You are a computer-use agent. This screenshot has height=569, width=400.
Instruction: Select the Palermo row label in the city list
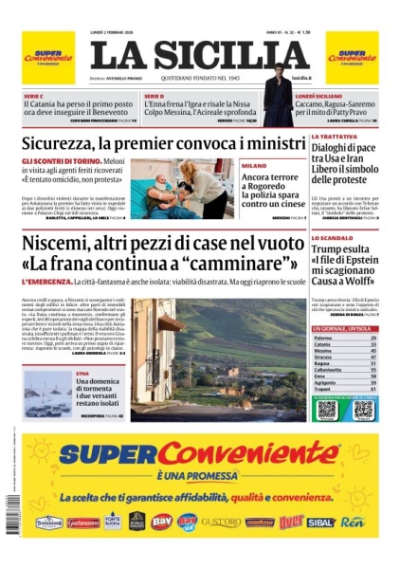[323, 338]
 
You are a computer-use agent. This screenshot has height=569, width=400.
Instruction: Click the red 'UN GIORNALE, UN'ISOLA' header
[344, 328]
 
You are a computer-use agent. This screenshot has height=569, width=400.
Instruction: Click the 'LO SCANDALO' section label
[332, 238]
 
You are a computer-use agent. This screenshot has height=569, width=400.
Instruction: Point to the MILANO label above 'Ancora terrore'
[253, 165]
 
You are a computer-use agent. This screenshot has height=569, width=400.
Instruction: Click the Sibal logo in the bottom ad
[320, 522]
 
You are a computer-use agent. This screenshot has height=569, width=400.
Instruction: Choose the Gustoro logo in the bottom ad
[221, 522]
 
